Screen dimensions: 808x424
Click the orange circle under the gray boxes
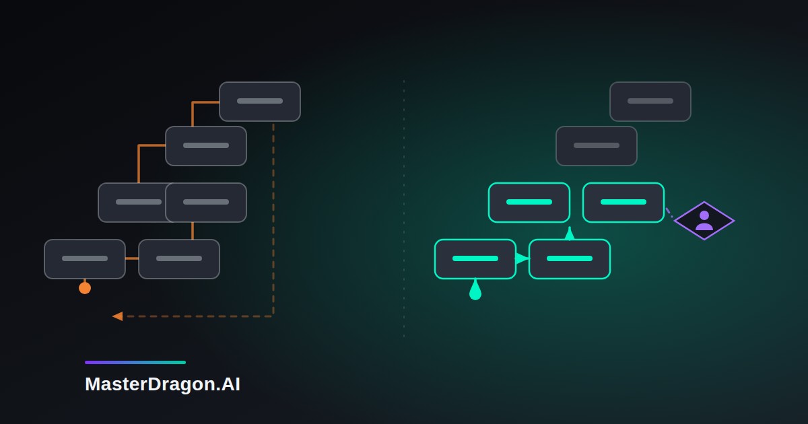coord(85,288)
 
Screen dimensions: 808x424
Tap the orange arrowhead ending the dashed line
coord(118,316)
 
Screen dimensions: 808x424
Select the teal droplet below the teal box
coord(475,290)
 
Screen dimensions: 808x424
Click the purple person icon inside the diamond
coord(704,221)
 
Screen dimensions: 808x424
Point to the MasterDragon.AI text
coord(162,384)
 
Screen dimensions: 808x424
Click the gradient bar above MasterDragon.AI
coord(135,362)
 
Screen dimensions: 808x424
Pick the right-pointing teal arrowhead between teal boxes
coord(522,258)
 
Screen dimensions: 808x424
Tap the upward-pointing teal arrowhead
coord(570,234)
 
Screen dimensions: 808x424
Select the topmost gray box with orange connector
coord(260,102)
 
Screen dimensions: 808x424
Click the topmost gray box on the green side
coord(650,102)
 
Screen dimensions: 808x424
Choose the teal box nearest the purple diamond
coord(624,203)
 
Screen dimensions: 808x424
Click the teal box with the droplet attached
coord(475,259)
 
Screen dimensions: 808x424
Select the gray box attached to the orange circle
coord(85,259)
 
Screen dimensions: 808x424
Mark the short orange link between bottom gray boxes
coord(132,258)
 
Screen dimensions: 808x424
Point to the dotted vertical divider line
coord(403,209)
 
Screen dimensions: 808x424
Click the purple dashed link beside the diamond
coord(669,213)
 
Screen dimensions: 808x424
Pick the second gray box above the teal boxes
coord(597,146)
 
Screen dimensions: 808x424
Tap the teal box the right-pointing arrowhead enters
coord(570,259)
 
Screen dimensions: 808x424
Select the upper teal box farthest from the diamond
coord(529,203)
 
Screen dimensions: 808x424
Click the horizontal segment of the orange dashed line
coord(198,316)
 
